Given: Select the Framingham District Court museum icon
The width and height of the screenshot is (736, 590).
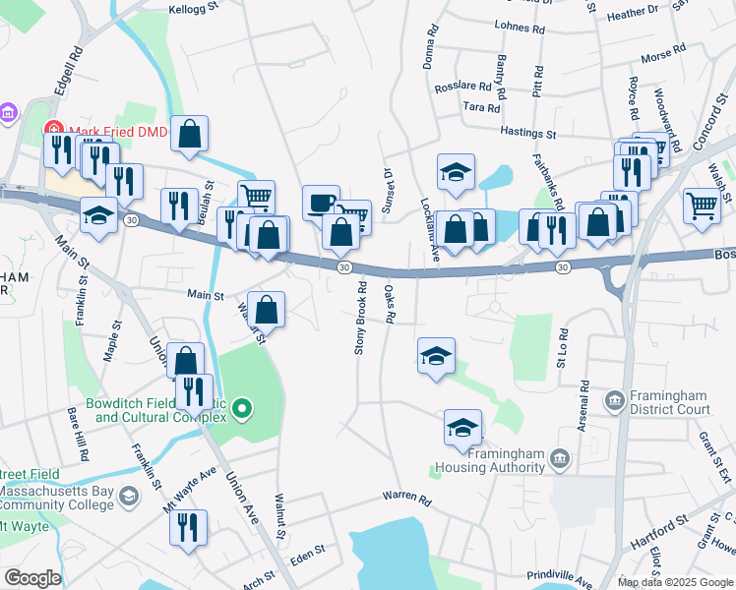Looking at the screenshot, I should click(x=615, y=399).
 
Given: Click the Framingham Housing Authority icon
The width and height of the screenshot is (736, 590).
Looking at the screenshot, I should click(x=559, y=458).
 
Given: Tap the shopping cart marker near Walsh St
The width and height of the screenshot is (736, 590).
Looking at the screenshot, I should click(x=702, y=206).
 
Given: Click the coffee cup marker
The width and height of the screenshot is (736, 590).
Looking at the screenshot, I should click(x=321, y=204).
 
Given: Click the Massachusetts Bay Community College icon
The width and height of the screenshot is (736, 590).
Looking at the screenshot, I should click(x=129, y=499).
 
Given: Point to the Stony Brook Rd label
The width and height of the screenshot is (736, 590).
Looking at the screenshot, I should click(x=360, y=319).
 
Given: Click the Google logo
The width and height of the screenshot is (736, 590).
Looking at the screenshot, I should click(x=32, y=578).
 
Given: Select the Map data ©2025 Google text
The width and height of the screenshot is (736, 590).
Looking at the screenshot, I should click(x=676, y=582).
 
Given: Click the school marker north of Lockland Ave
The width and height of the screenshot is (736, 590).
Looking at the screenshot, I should click(x=456, y=172).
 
